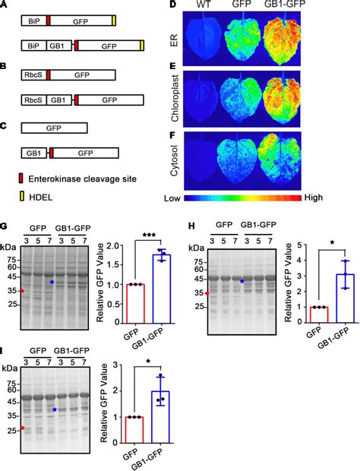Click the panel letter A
coord(5,5)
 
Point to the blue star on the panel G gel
coord(52,282)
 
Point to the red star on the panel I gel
coord(22,428)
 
